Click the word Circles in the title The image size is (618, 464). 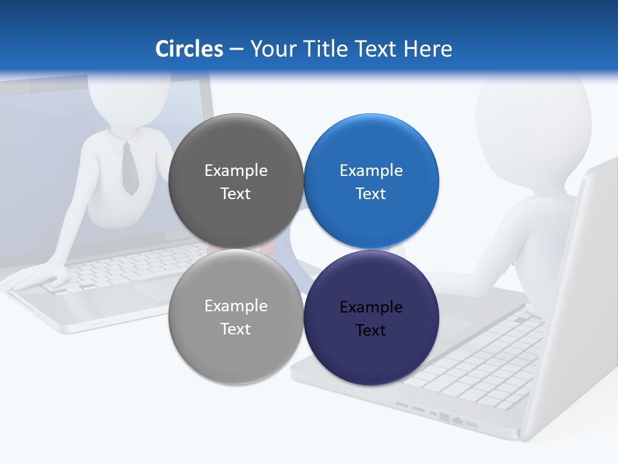tap(189, 49)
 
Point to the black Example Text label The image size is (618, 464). tap(371, 318)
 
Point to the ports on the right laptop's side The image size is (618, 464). tap(438, 416)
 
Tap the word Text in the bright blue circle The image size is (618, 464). tap(371, 193)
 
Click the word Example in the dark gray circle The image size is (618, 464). tap(236, 170)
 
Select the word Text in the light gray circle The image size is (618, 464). tap(236, 329)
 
